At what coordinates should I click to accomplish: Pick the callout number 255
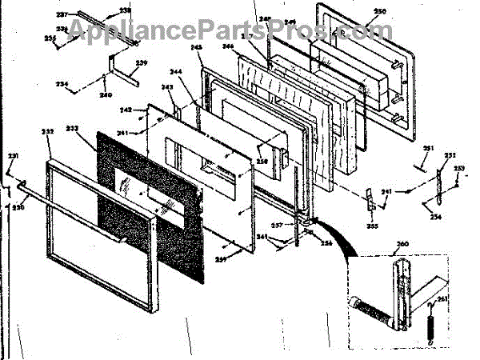[372, 226]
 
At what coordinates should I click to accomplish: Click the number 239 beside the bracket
[142, 62]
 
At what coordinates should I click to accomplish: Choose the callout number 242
[126, 110]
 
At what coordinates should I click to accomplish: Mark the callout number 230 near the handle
[18, 207]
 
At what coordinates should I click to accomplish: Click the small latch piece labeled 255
[370, 200]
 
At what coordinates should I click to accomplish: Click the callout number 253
[459, 167]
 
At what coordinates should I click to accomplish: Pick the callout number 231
[12, 155]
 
